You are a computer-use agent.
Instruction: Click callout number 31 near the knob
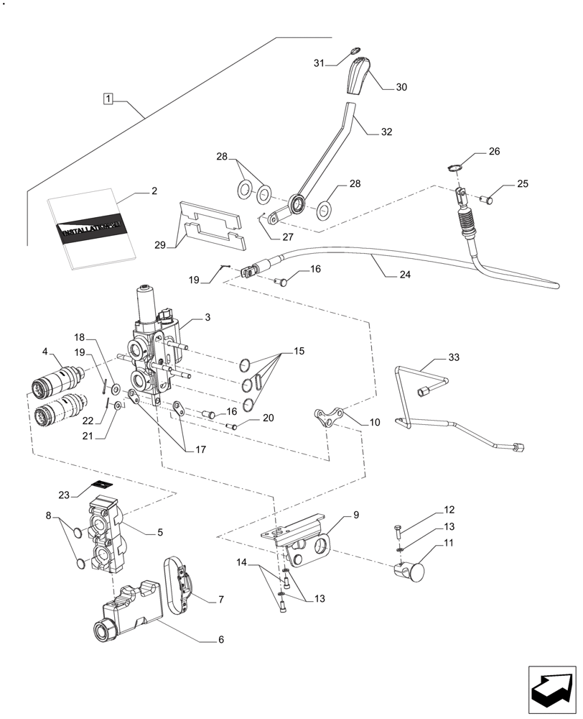(319, 64)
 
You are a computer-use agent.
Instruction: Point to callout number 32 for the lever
(387, 132)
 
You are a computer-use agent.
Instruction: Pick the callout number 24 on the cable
(388, 273)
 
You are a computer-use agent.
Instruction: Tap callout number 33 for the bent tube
(453, 357)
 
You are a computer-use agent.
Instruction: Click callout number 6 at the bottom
(221, 639)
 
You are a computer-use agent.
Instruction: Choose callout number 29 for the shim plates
(161, 244)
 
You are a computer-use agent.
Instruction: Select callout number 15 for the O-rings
(299, 352)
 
